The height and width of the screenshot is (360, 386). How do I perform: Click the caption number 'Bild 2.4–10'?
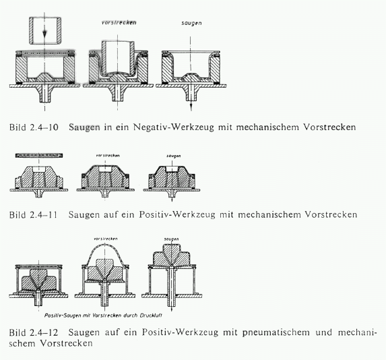click(x=34, y=127)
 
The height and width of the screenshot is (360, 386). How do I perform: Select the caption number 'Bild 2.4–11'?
click(x=33, y=214)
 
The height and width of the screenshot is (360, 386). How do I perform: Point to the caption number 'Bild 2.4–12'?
click(x=34, y=332)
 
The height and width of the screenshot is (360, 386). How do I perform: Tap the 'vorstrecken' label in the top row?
click(x=119, y=23)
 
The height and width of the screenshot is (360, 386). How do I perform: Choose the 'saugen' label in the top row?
click(x=191, y=23)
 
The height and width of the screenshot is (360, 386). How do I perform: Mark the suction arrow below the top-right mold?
click(x=191, y=104)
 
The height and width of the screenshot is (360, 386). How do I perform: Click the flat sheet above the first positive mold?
click(x=39, y=156)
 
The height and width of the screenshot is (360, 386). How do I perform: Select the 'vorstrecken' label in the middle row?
click(x=108, y=156)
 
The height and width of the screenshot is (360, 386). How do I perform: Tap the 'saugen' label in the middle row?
click(x=174, y=156)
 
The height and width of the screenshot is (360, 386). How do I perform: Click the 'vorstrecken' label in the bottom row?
click(x=106, y=239)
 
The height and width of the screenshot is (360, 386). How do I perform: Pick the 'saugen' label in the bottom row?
click(x=171, y=239)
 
